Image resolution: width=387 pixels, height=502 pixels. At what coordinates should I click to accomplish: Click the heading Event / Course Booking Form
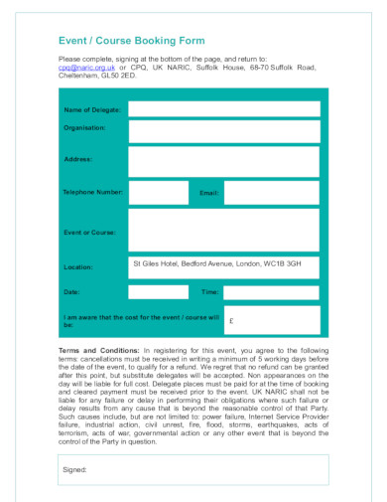click(132, 41)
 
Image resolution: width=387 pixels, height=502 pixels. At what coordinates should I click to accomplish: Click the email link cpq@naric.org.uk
click(88, 68)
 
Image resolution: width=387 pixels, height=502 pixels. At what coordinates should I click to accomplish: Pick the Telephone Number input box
click(158, 192)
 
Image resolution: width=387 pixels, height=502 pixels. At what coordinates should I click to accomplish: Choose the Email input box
click(271, 192)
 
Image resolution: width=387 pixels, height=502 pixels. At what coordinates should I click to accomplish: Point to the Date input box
click(158, 292)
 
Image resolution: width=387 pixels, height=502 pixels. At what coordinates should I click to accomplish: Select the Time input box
click(271, 292)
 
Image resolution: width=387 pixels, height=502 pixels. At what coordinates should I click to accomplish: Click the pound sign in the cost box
click(231, 322)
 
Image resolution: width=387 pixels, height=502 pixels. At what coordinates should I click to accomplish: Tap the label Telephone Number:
click(93, 191)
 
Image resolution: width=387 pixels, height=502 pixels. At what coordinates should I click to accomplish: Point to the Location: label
click(79, 267)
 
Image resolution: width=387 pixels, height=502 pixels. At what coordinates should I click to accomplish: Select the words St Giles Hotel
click(155, 264)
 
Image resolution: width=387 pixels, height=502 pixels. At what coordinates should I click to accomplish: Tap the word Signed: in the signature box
click(75, 468)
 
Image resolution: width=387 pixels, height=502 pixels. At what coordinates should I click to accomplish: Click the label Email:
click(209, 192)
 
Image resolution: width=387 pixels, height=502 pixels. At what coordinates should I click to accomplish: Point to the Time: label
click(209, 293)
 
